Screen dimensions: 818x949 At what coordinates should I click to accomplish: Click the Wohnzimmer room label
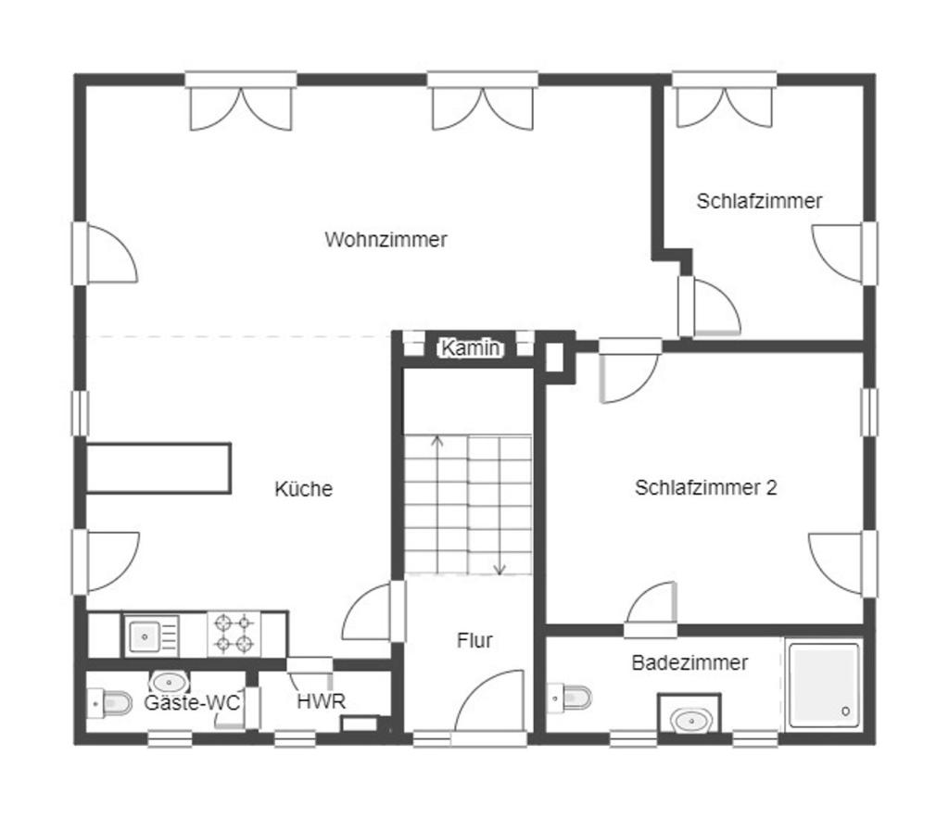pos(386,240)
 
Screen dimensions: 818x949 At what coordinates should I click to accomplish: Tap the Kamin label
pos(471,348)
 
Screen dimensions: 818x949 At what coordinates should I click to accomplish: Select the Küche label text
pos(303,489)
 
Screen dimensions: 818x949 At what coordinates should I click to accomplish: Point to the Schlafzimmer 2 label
pos(705,487)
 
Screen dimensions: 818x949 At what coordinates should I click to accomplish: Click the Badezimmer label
pos(690,662)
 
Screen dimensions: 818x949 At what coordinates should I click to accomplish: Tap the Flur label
pos(474,640)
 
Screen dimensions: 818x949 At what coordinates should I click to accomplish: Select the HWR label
pos(321,701)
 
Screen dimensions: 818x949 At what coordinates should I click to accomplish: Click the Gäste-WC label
pos(191,703)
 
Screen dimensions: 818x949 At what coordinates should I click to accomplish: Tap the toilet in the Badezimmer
pos(571,697)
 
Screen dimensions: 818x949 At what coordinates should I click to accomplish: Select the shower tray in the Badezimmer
pos(824,685)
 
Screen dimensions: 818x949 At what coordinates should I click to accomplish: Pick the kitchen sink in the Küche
pos(146,636)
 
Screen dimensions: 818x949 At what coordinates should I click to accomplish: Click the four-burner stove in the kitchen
pos(234,635)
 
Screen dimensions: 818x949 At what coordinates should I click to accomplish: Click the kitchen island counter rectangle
pos(158,468)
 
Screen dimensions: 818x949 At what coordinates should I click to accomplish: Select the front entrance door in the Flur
pos(489,709)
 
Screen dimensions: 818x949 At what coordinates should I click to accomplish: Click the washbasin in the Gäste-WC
pos(170,685)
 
